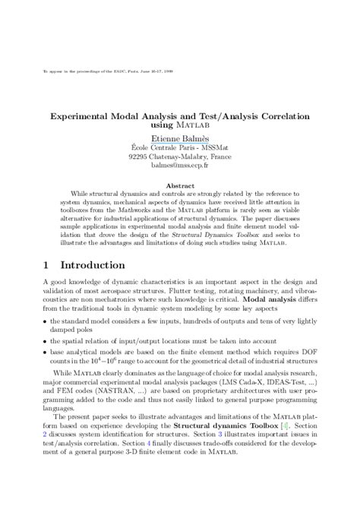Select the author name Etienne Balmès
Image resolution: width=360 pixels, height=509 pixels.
179,140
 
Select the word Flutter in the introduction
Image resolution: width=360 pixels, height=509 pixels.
226,279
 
